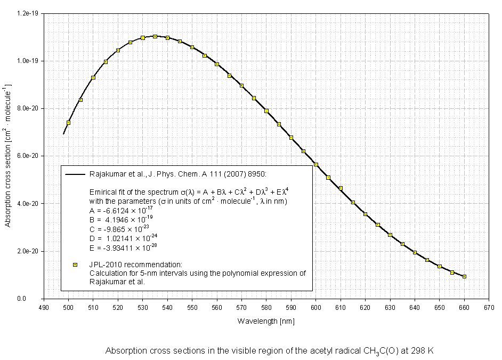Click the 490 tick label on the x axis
coord(44,308)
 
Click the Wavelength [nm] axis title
coord(266,321)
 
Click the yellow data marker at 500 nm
coord(68,123)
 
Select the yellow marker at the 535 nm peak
coord(155,36)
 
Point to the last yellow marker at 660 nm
coord(465,276)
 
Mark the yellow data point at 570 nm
coord(241,85)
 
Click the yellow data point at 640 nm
coord(415,252)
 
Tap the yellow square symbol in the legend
coord(75,265)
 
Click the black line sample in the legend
coord(75,174)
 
